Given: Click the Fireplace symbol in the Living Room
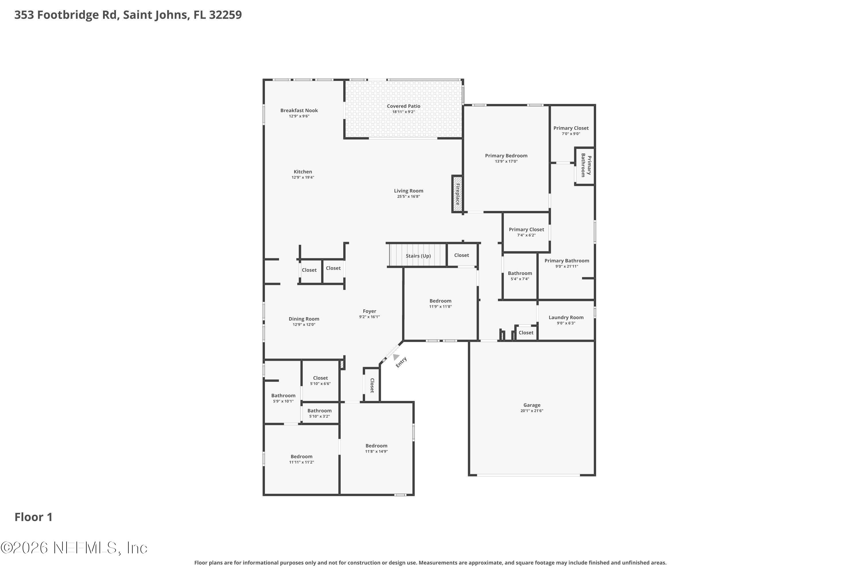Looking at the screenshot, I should point(457,194).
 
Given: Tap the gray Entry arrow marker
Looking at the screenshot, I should point(396,356).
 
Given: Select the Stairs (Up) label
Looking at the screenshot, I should point(418,256).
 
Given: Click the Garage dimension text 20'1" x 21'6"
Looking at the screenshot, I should point(532,411).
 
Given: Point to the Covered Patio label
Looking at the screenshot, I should point(404,106).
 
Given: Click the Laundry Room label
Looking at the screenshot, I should point(566,317).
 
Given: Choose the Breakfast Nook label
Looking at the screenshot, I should point(299,110).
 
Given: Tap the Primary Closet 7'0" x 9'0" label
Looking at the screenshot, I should point(571,128).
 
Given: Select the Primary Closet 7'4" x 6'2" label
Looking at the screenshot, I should point(526,230).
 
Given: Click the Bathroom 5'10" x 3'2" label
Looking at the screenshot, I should point(319,411).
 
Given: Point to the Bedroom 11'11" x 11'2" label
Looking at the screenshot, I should point(301,457).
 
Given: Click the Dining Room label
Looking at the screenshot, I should point(304,319).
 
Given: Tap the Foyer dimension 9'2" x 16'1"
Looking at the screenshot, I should point(369,317).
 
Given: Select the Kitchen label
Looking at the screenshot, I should point(303,172).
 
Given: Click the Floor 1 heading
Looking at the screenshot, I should point(34,517).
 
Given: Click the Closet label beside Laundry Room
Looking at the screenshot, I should point(526,333).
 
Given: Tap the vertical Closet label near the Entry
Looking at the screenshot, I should point(372,385).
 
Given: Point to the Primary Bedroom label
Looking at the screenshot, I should point(506,156).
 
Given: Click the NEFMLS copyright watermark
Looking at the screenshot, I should point(74,548).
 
